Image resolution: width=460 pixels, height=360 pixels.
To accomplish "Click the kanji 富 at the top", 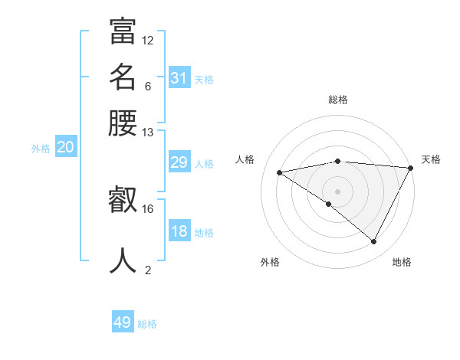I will (123, 32).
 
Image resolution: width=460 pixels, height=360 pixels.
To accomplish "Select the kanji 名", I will (123, 78).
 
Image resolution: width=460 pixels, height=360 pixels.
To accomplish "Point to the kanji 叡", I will (123, 201).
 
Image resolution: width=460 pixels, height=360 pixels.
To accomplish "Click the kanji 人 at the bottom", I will (123, 260).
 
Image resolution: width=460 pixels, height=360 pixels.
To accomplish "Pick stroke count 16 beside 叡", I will (148, 208).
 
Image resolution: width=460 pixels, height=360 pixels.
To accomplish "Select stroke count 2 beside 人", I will (148, 270).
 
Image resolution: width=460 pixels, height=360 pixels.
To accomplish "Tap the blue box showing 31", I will (179, 78).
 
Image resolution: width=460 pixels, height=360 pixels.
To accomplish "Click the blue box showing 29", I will (179, 162).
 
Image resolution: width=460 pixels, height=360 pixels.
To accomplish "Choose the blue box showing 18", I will (179, 232).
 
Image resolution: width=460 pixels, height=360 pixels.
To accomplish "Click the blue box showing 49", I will (123, 322).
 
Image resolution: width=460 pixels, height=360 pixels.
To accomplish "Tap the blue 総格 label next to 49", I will (147, 324).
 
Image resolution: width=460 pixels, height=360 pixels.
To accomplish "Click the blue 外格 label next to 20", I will (41, 149).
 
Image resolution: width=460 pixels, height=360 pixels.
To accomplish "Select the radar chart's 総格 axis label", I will (338, 100).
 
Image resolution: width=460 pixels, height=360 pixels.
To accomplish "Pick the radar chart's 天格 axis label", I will (431, 159).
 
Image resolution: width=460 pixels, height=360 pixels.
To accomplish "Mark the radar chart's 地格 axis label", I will (402, 263).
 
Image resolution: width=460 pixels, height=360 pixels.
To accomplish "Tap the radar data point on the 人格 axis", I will (280, 172).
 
